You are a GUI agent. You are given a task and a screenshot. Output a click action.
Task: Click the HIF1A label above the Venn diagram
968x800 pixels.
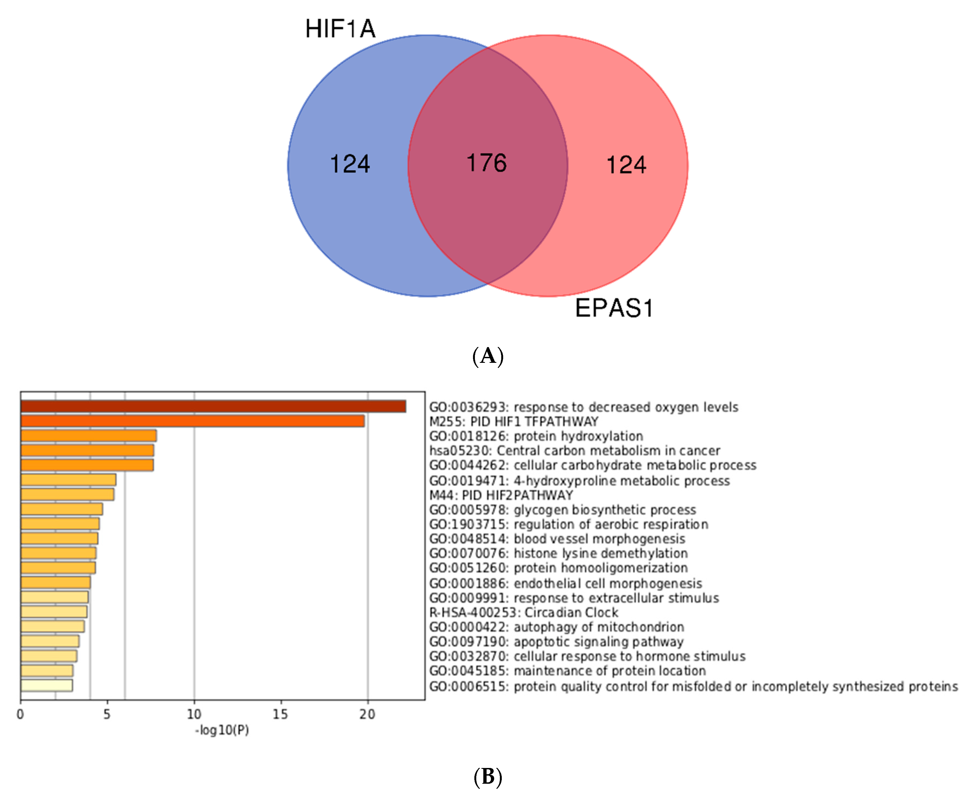(x=340, y=28)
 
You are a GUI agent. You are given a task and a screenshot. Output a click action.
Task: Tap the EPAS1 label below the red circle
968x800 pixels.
(x=614, y=308)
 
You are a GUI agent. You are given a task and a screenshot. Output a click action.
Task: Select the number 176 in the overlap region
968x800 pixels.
(x=486, y=163)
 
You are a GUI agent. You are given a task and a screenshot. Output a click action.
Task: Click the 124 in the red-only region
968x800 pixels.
(x=626, y=165)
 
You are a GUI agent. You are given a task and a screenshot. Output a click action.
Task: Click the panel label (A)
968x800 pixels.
(x=488, y=356)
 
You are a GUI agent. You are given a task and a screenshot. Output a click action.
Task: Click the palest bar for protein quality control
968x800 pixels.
(x=46, y=685)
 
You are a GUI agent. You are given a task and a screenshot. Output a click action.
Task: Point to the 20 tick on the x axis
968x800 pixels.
(x=367, y=714)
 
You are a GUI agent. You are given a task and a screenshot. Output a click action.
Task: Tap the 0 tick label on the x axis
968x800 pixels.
(x=20, y=714)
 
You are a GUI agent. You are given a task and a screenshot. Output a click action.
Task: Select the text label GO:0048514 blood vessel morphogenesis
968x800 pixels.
(x=557, y=539)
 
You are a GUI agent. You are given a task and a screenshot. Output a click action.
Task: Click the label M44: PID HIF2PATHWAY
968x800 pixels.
(x=501, y=495)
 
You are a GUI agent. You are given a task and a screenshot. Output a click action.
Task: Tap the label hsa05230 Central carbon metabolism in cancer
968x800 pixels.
(x=574, y=450)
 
